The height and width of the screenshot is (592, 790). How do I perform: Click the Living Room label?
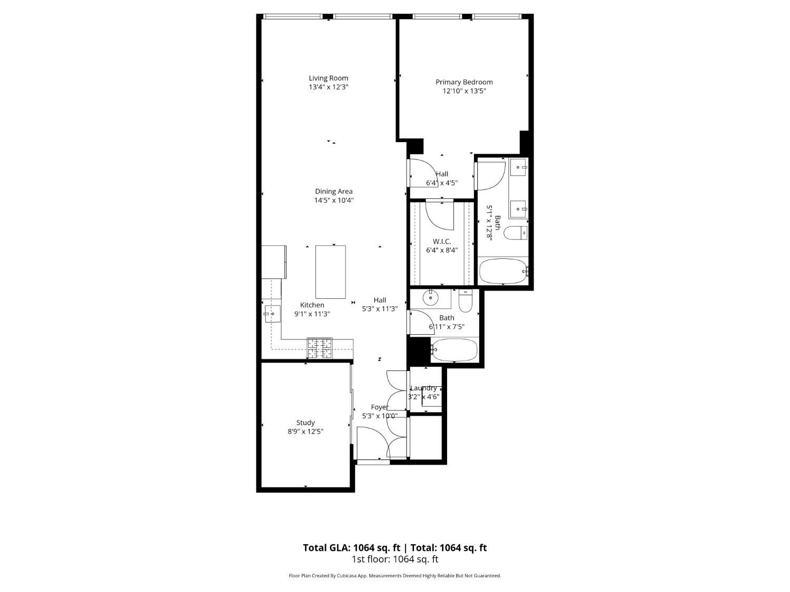[x=328, y=78]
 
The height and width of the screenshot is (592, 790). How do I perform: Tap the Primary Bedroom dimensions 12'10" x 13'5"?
[x=464, y=91]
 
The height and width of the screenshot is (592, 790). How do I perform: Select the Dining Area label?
[x=333, y=192]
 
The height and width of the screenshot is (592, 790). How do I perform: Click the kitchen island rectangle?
[x=330, y=272]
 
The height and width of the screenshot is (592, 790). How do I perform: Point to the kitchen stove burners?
[x=320, y=348]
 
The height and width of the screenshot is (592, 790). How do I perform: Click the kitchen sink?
[x=272, y=314]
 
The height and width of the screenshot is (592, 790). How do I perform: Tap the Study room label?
[x=305, y=423]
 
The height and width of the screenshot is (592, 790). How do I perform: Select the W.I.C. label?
[x=442, y=242]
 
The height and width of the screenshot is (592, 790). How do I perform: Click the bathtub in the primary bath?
[x=503, y=271]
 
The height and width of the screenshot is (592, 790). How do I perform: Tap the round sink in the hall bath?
[x=431, y=298]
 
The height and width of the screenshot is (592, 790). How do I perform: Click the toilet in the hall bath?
[x=466, y=300]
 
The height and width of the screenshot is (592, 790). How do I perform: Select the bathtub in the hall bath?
[x=454, y=349]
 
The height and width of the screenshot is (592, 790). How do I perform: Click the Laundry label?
[x=423, y=388]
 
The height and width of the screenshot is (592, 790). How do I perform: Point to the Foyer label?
[x=380, y=407]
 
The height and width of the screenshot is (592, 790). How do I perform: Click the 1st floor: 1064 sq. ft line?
[x=394, y=559]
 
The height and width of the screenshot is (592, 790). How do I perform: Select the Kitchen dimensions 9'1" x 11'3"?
[x=312, y=314]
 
